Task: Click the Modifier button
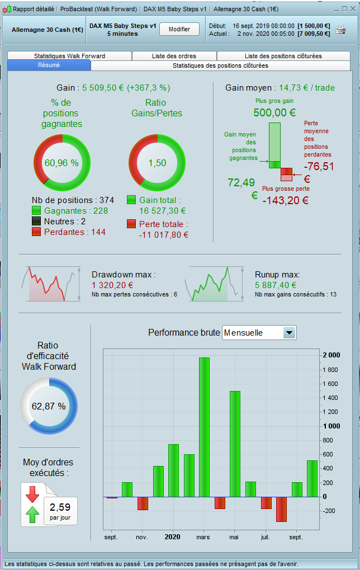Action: point(179,29)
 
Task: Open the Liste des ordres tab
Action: point(174,56)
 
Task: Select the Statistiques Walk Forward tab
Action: point(69,56)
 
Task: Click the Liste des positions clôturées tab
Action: point(283,56)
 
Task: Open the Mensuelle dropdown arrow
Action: point(288,333)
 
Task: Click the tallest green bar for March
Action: point(205,426)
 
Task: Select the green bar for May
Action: point(235,443)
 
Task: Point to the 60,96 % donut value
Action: point(61,163)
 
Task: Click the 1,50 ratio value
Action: point(157,163)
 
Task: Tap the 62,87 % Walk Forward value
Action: point(49,406)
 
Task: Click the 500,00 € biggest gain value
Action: point(274,112)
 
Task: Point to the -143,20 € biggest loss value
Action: point(285,200)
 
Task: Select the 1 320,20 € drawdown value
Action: point(112,285)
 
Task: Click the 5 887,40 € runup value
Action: point(276,285)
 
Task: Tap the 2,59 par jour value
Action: point(60,507)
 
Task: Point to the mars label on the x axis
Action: point(203,537)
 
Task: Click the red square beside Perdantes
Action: point(36,232)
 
